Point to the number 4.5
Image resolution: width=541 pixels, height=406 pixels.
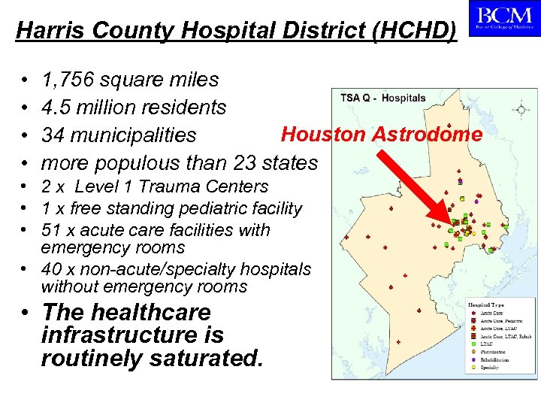tap(57, 108)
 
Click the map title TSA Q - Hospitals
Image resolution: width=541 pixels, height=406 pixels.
tap(383, 98)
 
